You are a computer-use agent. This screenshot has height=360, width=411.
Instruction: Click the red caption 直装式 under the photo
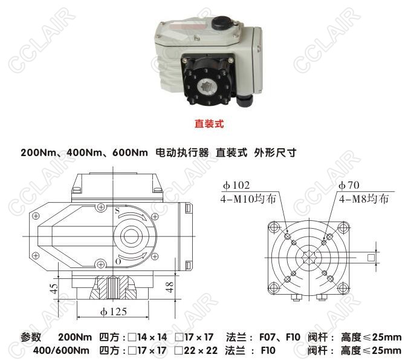[209, 123]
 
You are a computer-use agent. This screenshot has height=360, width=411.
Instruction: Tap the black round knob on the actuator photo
[222, 22]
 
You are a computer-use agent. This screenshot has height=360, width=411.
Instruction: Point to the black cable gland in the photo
[244, 100]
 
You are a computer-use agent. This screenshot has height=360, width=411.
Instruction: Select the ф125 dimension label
[114, 312]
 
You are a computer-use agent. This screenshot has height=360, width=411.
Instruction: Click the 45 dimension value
[53, 289]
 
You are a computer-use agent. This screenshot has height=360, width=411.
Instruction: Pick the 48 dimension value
[170, 287]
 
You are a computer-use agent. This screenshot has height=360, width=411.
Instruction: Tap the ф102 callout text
[236, 185]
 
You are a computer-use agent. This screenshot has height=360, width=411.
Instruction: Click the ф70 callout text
[349, 185]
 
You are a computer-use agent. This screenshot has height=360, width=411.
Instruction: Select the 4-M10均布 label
[248, 199]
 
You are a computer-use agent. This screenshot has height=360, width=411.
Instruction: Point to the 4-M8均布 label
[364, 199]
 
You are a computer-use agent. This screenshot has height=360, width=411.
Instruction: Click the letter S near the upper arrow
[117, 211]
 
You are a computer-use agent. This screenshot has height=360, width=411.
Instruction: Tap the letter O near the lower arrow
[118, 261]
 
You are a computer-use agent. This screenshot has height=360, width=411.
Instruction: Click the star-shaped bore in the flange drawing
[309, 257]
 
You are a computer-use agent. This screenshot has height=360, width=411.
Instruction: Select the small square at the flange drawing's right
[371, 258]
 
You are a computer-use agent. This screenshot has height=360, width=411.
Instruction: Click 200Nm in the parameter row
[75, 337]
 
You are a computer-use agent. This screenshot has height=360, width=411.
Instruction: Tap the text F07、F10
[280, 337]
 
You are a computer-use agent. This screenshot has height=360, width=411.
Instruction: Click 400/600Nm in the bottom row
[61, 350]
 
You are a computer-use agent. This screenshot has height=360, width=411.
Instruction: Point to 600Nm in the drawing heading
[130, 152]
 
